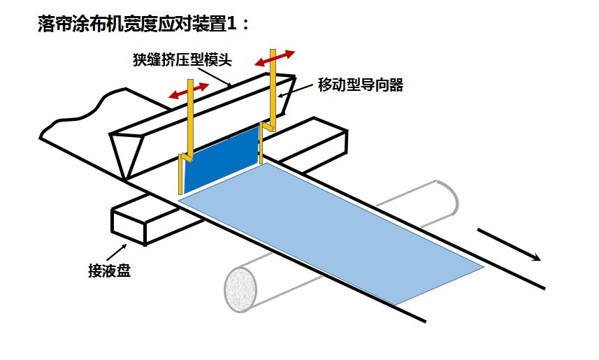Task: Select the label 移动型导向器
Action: tap(361, 86)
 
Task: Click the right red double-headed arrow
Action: tap(275, 57)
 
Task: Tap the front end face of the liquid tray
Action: tap(129, 225)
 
